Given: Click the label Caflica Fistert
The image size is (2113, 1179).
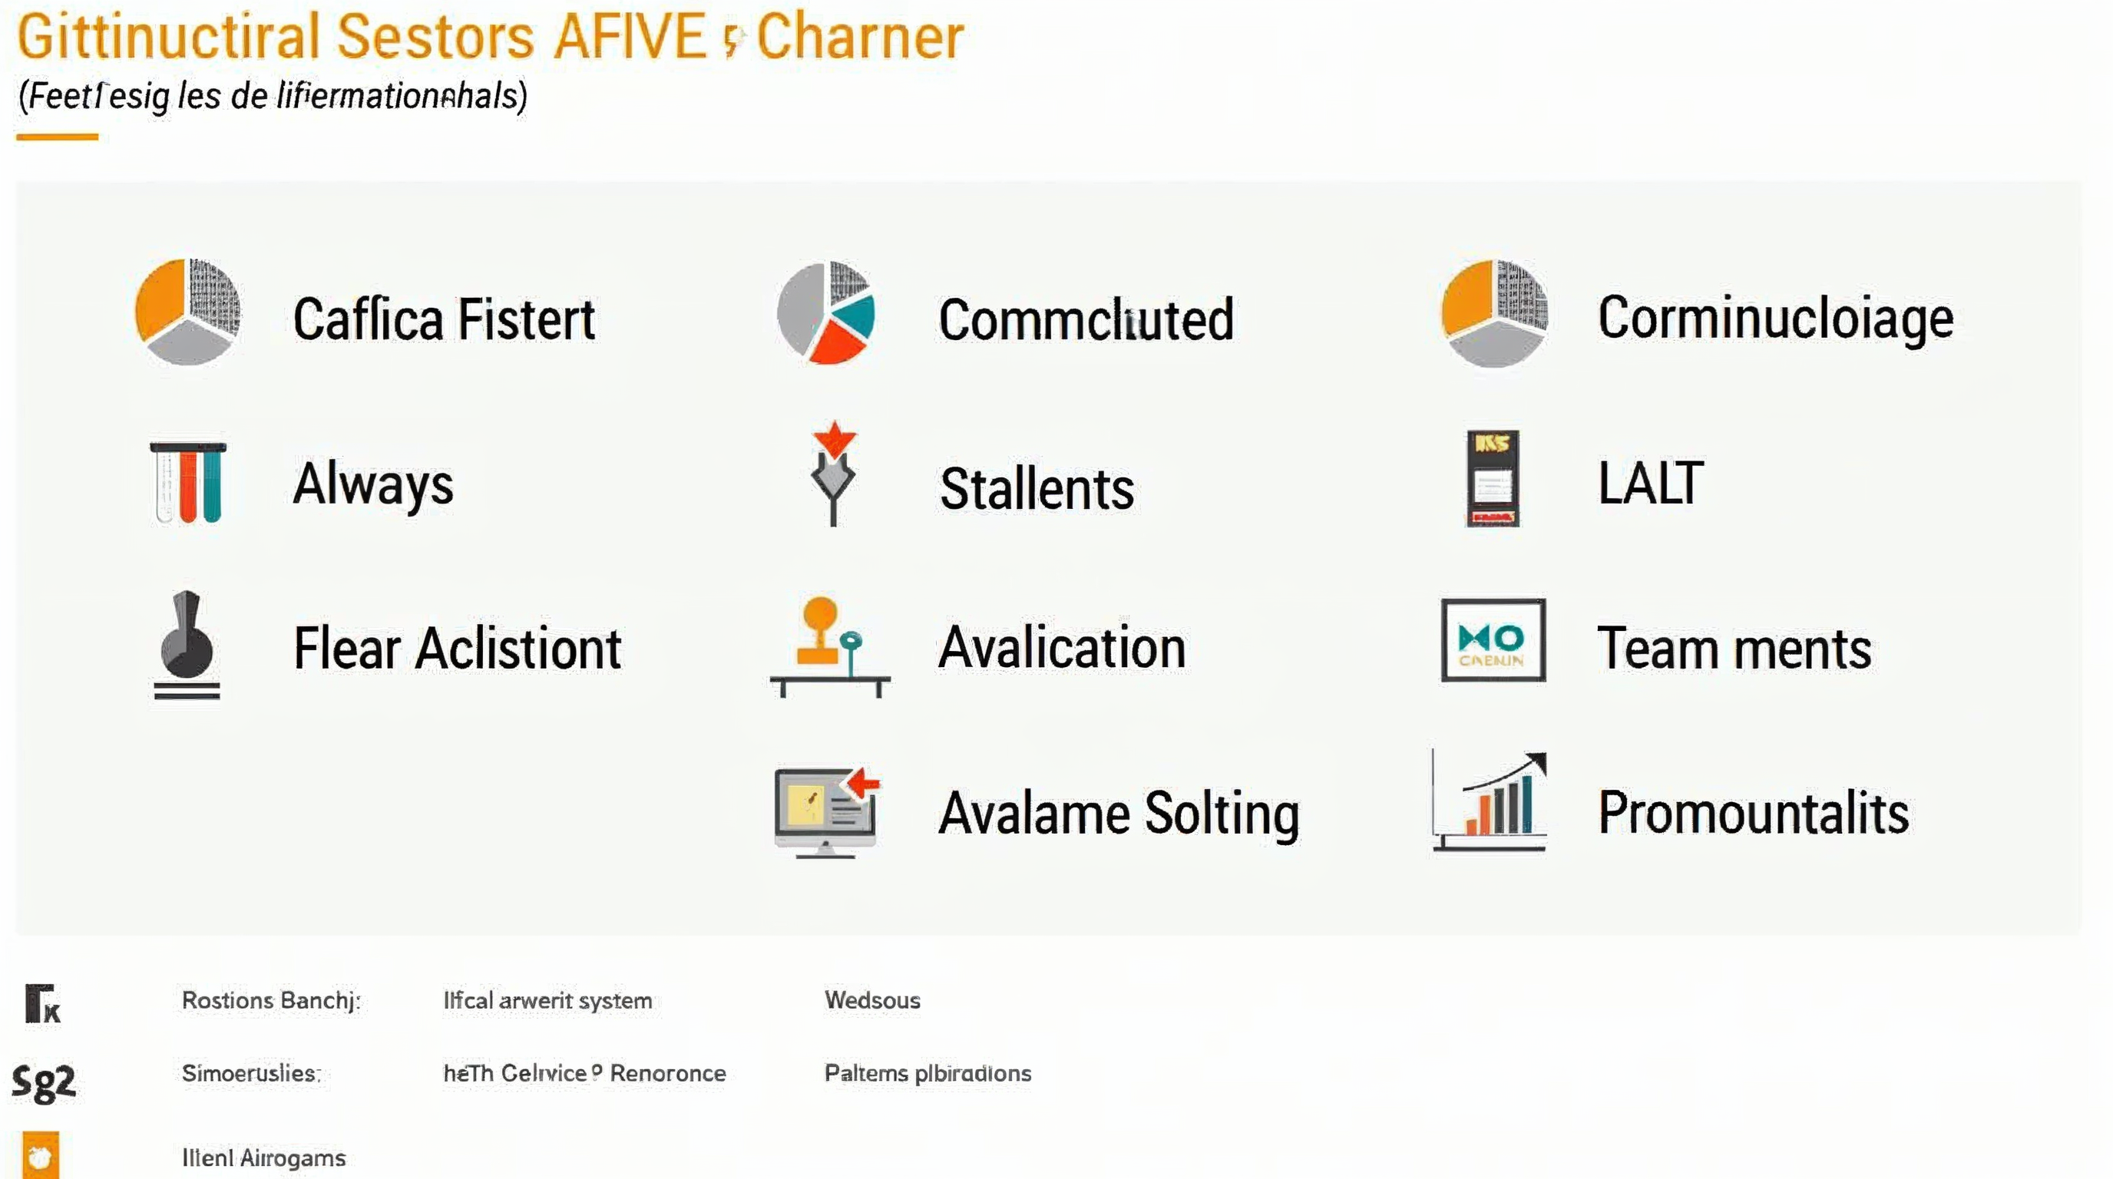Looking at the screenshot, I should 444,319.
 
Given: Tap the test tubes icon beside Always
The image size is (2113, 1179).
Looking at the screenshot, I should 188,482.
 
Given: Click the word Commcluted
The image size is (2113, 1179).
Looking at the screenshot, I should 1086,320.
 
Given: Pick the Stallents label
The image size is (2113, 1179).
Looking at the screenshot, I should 1037,489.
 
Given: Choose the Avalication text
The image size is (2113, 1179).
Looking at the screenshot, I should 1062,648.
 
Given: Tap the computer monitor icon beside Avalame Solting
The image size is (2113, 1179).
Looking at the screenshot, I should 825,811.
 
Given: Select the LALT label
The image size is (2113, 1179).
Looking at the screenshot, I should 1650,483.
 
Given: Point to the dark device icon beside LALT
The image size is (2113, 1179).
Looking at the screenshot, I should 1492,479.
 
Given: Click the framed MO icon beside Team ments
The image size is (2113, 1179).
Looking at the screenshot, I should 1493,640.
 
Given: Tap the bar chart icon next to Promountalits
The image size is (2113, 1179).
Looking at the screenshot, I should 1491,804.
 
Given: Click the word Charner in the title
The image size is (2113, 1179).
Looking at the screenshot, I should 860,38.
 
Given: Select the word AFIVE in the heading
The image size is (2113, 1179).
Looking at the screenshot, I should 629,38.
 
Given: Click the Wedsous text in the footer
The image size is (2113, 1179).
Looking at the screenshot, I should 872,1000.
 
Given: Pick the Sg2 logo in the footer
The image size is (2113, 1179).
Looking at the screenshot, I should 45,1082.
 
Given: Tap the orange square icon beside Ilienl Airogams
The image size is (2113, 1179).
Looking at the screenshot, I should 41,1155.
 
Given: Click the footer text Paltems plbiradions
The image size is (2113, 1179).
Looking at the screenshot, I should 927,1073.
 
